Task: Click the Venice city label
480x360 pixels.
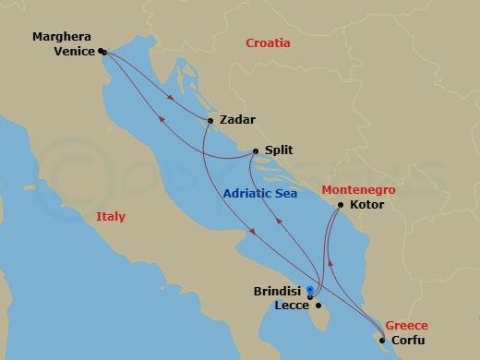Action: pos(75,52)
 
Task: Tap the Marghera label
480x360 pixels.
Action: pos(63,37)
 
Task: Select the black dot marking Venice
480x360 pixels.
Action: pos(101,52)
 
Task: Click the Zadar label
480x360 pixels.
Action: pos(237,120)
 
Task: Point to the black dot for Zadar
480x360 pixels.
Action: pos(211,121)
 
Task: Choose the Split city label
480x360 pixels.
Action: pos(280,150)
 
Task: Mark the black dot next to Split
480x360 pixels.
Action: pos(256,150)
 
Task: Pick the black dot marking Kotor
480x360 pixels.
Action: pos(341,205)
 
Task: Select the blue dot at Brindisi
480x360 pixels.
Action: pos(309,290)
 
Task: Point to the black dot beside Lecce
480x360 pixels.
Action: pos(318,306)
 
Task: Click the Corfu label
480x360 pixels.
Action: pos(408,340)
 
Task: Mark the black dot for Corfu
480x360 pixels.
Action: pos(382,340)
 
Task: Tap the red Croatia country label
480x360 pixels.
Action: pos(268,43)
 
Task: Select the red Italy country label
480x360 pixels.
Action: pos(110,217)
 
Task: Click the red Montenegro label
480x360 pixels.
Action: pos(358,189)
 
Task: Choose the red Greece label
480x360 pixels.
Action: pos(406,325)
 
